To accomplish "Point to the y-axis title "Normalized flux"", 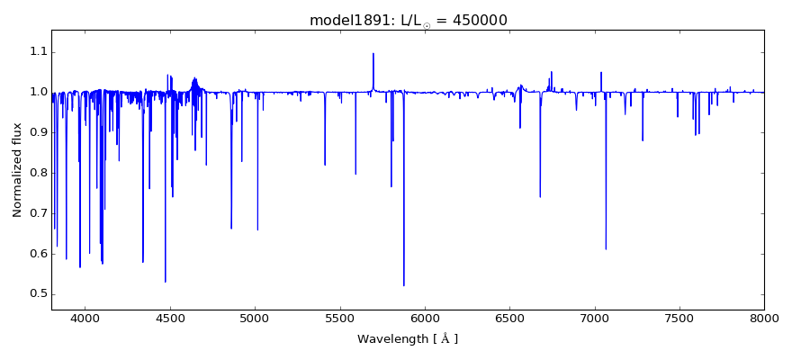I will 17,170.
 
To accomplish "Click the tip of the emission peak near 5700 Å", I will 373,53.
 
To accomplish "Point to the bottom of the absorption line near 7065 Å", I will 606,249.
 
